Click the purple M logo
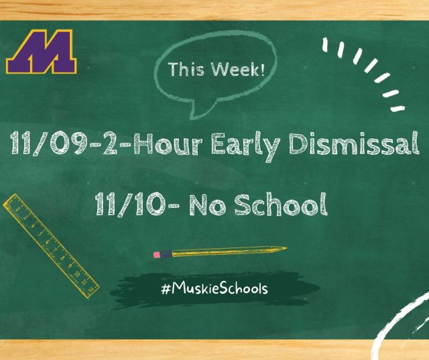tap(42, 52)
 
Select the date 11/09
tap(49, 143)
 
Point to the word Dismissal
tap(354, 143)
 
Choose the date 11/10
tap(130, 204)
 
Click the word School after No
tap(281, 204)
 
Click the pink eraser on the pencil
tap(157, 255)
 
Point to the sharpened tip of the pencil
tap(286, 249)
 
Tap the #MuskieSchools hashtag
tap(214, 288)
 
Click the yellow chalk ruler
tap(51, 246)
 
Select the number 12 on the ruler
tap(91, 288)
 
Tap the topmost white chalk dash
tap(325, 45)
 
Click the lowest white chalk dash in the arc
tap(397, 109)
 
